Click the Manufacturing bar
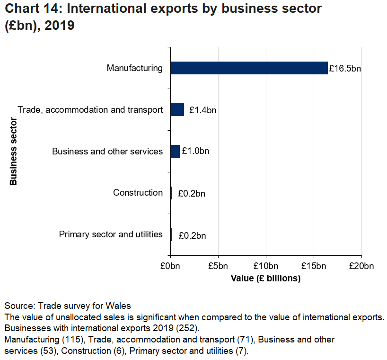click(x=249, y=68)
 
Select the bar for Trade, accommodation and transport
click(x=177, y=110)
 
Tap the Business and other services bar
click(x=175, y=152)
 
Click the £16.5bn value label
click(x=344, y=69)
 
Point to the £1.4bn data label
click(x=202, y=110)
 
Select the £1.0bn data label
click(x=195, y=152)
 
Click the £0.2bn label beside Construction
click(x=192, y=193)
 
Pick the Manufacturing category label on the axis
click(x=135, y=68)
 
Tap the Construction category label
click(x=138, y=193)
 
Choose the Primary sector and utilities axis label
click(x=111, y=234)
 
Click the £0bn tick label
click(x=170, y=267)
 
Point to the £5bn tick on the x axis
click(x=218, y=267)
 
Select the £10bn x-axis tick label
click(x=266, y=267)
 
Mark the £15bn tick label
click(x=314, y=267)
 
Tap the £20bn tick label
click(x=361, y=267)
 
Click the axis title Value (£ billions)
click(x=265, y=279)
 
